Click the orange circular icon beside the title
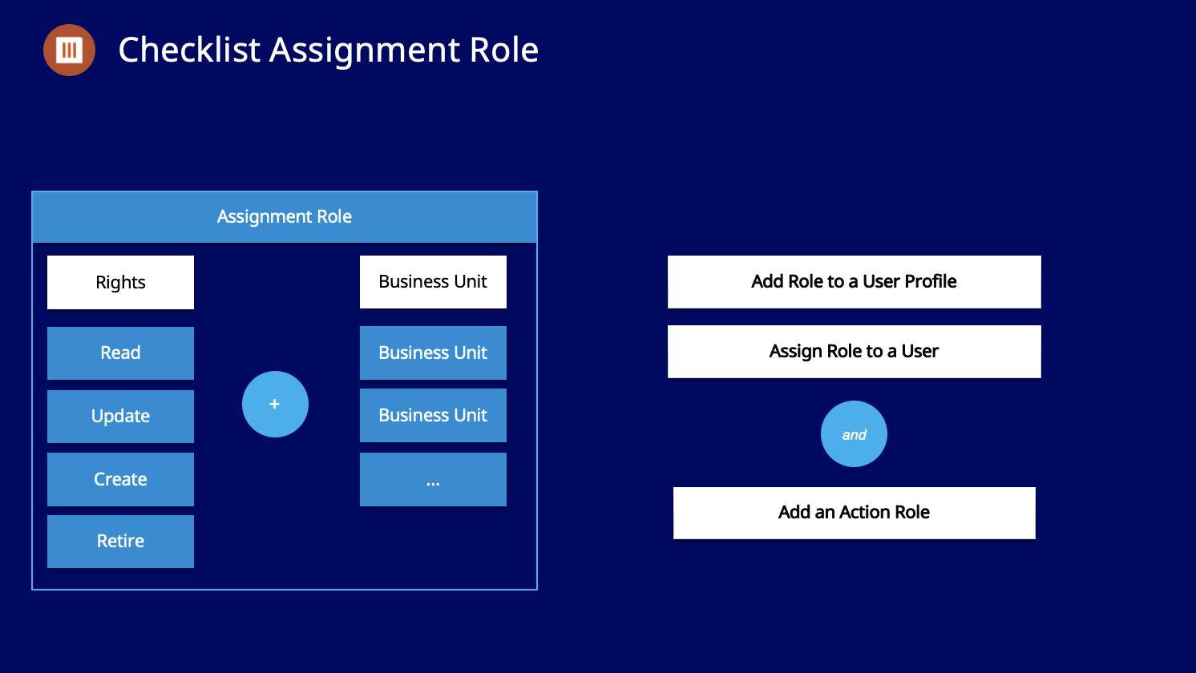click(x=69, y=50)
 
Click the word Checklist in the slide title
click(x=189, y=50)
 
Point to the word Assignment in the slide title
click(x=364, y=50)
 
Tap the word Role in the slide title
click(x=504, y=50)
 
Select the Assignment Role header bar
click(x=285, y=217)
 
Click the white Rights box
click(x=120, y=282)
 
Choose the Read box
click(x=120, y=353)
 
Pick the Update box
click(x=120, y=416)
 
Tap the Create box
click(x=120, y=479)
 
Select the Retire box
click(x=120, y=541)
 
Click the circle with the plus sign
click(x=275, y=404)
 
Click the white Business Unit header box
click(x=433, y=282)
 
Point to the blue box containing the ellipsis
click(x=433, y=479)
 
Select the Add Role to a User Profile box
click(x=854, y=282)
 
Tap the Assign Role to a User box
click(x=854, y=351)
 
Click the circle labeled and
click(x=854, y=434)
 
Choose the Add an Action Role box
click(x=854, y=513)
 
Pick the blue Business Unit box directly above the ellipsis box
click(x=433, y=415)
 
